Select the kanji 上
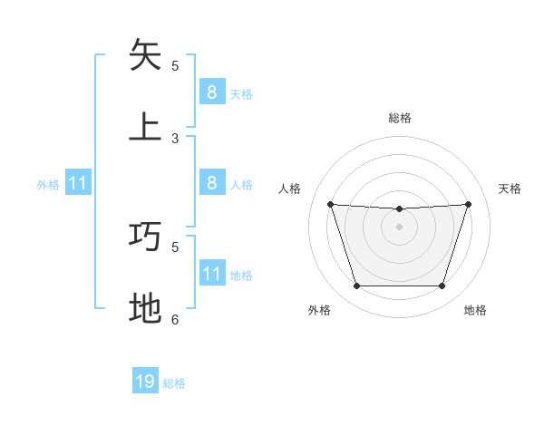click(145, 126)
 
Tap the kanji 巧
click(145, 236)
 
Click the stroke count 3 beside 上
click(175, 139)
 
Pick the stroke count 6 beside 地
click(175, 319)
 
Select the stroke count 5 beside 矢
click(175, 65)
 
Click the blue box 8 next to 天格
click(211, 92)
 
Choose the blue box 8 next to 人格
click(211, 183)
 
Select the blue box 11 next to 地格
click(211, 273)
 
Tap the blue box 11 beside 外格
click(78, 183)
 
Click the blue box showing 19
click(145, 382)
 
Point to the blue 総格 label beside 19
click(174, 383)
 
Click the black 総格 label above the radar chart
click(400, 118)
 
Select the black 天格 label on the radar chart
click(510, 189)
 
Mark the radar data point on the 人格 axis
click(330, 205)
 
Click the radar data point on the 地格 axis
click(442, 286)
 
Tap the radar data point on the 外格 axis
click(356, 286)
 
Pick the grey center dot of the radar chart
click(399, 227)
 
